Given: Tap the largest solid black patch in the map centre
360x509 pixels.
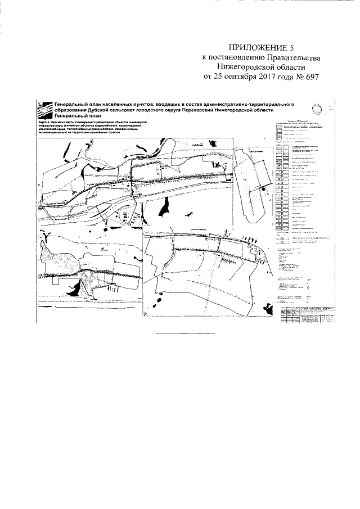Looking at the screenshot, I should pos(164,209).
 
